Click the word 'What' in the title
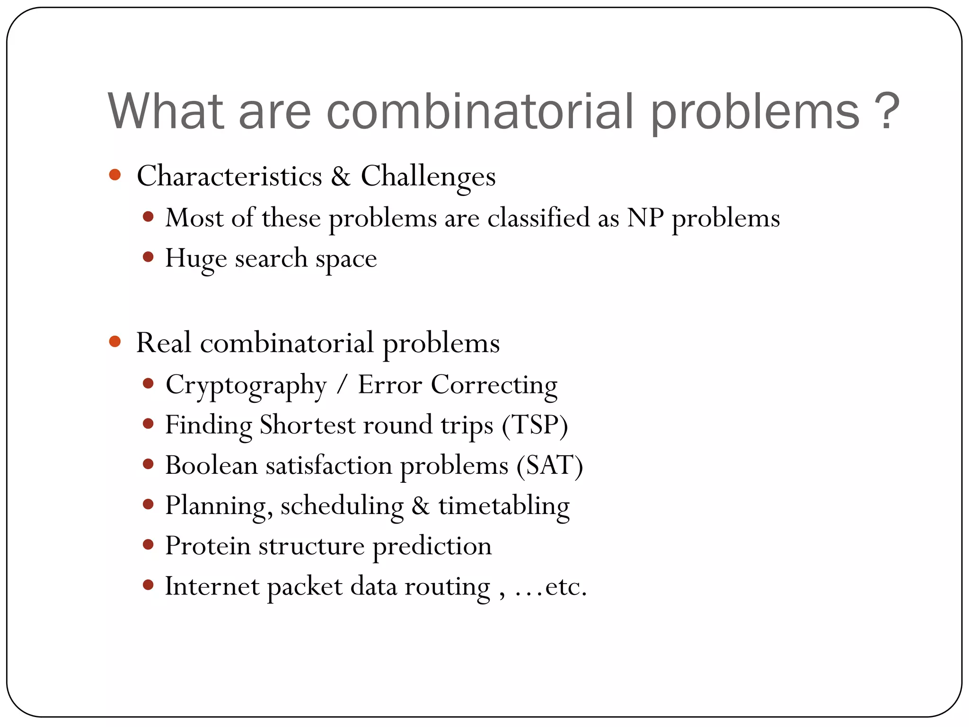(165, 111)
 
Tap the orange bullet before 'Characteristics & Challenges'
(115, 175)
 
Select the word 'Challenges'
(428, 176)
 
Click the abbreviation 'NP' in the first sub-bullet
(645, 218)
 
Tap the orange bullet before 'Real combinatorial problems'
(115, 341)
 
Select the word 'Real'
(164, 343)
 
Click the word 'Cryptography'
(246, 385)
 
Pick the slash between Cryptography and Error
(342, 385)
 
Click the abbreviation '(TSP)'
(535, 425)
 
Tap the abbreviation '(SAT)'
(549, 465)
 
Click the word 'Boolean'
(211, 465)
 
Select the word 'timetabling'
(504, 505)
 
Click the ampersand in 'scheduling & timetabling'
(421, 505)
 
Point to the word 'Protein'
(208, 546)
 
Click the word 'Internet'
(212, 586)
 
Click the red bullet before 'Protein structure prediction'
(148, 545)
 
